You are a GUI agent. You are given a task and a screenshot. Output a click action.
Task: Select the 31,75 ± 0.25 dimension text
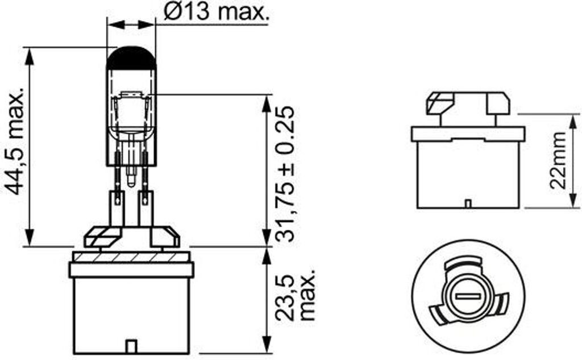285,174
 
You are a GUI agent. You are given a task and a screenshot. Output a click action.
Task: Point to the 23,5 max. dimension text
296,293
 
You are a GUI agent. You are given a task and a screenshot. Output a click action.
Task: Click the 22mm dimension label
558,160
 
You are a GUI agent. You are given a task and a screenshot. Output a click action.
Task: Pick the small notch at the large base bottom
131,346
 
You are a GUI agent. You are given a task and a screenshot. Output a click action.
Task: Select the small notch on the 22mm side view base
468,204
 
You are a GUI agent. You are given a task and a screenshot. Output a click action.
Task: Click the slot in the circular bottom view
468,296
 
